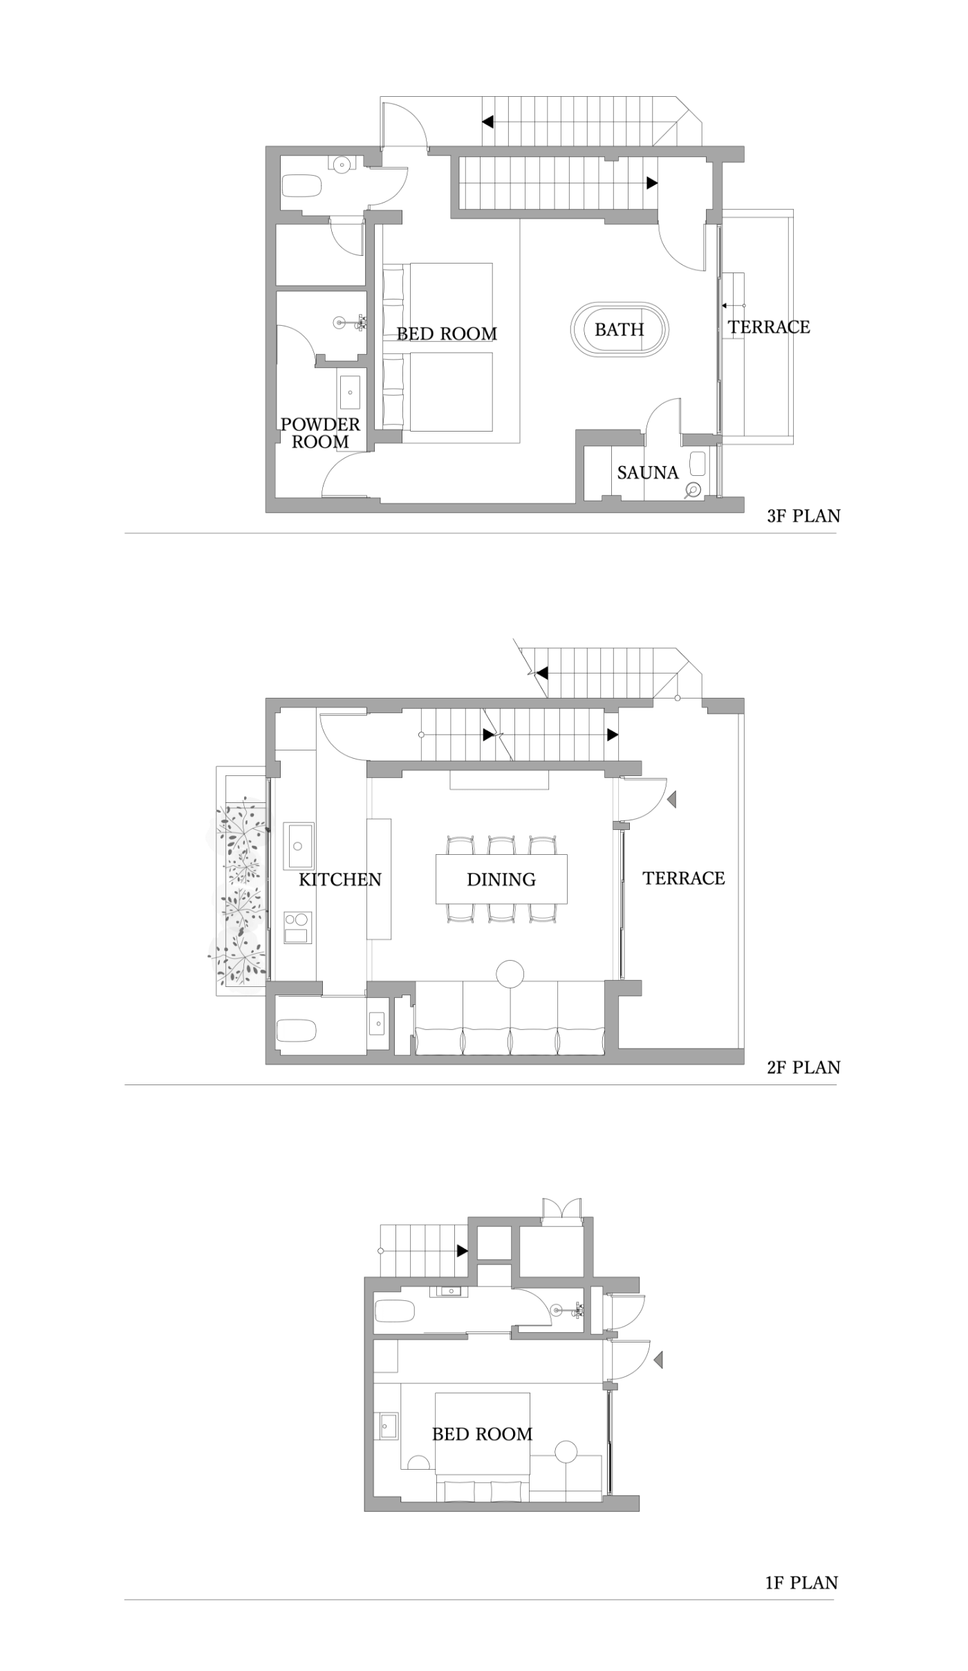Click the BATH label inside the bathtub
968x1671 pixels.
(x=619, y=329)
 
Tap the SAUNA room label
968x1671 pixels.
(x=648, y=472)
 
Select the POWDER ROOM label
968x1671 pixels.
(x=320, y=433)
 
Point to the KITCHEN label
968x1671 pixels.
(x=340, y=879)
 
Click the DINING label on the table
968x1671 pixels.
(x=501, y=879)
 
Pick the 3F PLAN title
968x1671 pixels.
(x=803, y=515)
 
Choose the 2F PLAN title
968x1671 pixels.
(x=803, y=1067)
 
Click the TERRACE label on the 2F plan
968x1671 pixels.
(x=684, y=878)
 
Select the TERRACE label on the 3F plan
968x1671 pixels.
(x=769, y=326)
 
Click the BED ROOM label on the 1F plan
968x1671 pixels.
(x=483, y=1434)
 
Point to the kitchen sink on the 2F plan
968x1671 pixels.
(x=299, y=845)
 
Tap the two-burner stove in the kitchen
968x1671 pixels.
(x=298, y=927)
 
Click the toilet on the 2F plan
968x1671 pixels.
(x=297, y=1031)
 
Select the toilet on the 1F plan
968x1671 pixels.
(x=394, y=1310)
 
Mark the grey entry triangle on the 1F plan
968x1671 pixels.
(x=658, y=1360)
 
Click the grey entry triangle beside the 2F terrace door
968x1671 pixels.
(x=671, y=800)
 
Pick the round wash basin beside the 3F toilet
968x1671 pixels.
(x=340, y=165)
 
